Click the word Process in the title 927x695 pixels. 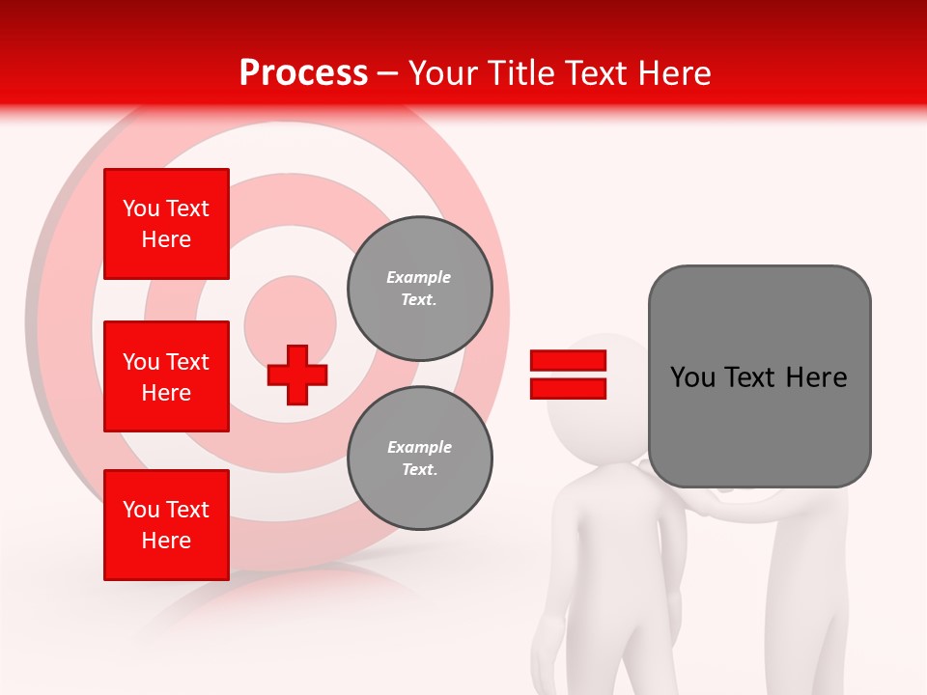(x=303, y=73)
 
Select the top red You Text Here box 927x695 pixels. (x=166, y=224)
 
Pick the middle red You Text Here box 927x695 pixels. (x=166, y=376)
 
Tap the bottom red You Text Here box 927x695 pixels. (x=166, y=525)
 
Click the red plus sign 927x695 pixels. (x=297, y=375)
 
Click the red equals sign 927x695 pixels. (x=568, y=375)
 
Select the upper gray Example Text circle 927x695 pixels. (x=419, y=289)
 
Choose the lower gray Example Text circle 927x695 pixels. (x=419, y=459)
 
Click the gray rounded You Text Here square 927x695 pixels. (x=759, y=376)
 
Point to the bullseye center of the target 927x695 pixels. (x=290, y=321)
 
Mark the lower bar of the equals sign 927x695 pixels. (x=568, y=388)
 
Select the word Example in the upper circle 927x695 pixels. (x=419, y=277)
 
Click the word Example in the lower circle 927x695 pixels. (x=419, y=447)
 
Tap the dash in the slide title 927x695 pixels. (x=388, y=74)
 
